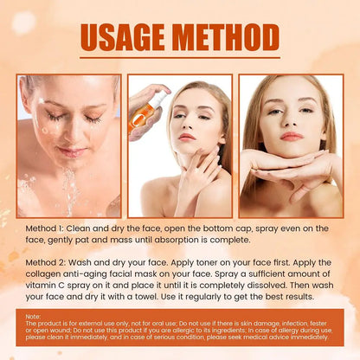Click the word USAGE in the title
click(x=124, y=37)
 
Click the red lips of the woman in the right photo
click(x=292, y=136)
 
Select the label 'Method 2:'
click(x=50, y=260)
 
